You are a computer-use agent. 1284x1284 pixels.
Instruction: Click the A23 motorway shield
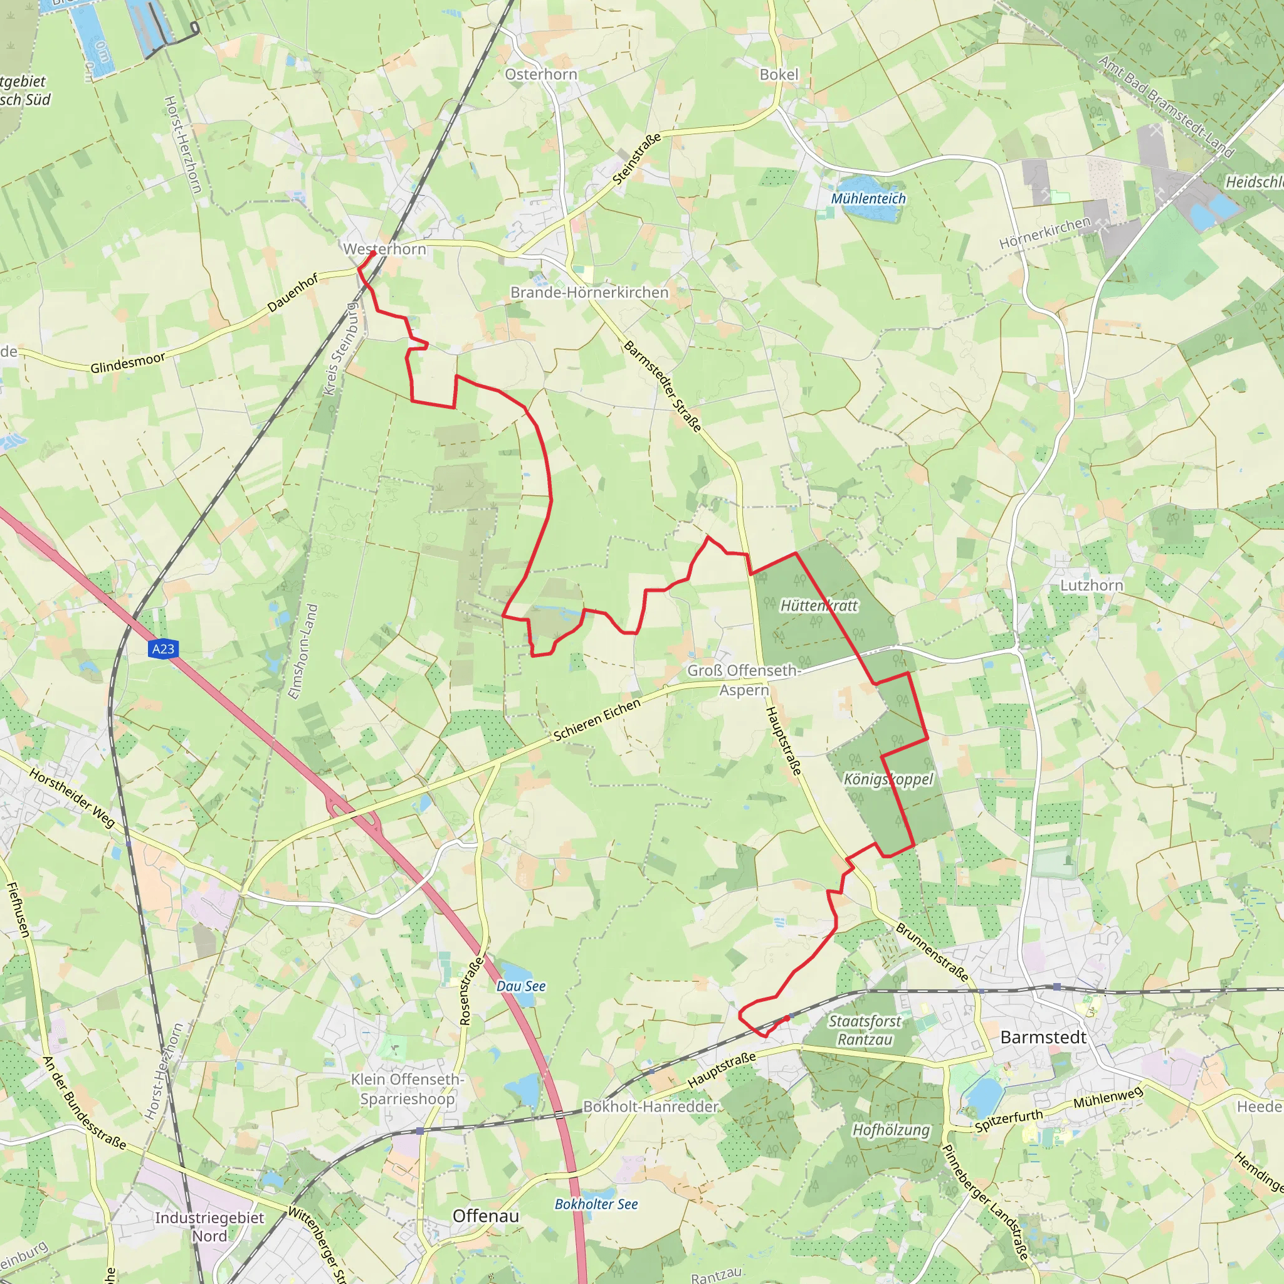click(163, 650)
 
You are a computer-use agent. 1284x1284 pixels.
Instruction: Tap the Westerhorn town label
click(384, 250)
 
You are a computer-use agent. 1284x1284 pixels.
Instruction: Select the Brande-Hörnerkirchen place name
click(589, 292)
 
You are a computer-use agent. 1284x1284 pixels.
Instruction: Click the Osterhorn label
click(541, 75)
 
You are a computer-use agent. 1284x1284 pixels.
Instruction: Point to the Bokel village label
click(779, 75)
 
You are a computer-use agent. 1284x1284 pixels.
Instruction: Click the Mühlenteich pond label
click(868, 199)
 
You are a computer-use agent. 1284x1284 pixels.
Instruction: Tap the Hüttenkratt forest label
click(819, 606)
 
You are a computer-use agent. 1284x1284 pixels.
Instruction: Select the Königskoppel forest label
click(888, 779)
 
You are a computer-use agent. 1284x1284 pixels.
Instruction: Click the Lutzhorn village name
click(1092, 586)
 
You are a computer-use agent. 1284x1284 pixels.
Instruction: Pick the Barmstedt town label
click(1043, 1038)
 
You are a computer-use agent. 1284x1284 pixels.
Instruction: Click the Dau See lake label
click(521, 986)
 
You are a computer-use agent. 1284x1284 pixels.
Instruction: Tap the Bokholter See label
click(596, 1204)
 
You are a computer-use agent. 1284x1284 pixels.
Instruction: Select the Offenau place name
click(486, 1216)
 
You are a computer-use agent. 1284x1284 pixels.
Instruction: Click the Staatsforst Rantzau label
click(865, 1030)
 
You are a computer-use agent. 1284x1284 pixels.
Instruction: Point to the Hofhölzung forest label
click(892, 1130)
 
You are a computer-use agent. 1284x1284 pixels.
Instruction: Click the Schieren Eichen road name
click(597, 720)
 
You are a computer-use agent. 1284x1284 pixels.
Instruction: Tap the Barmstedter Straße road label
click(662, 386)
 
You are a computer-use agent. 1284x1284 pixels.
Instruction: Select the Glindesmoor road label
click(128, 363)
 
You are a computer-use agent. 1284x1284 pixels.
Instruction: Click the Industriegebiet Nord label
click(209, 1227)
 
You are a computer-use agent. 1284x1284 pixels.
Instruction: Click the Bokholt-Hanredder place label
click(651, 1107)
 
